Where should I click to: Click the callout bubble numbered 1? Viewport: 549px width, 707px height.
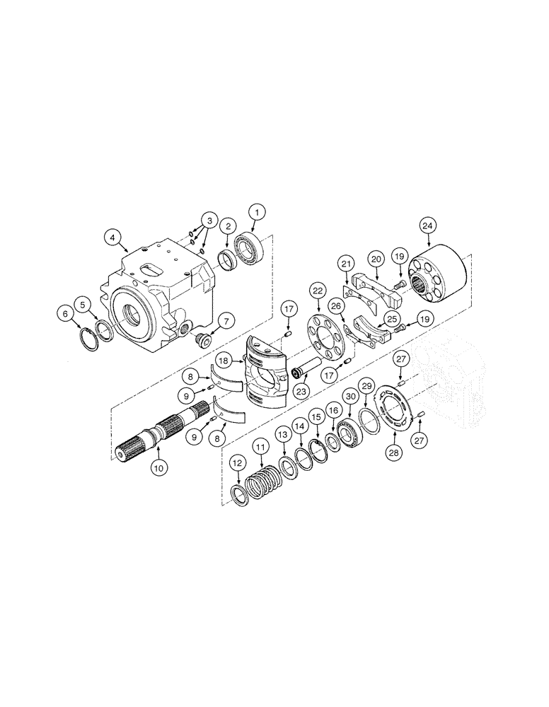coord(258,211)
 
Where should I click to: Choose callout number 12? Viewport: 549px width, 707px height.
coord(237,466)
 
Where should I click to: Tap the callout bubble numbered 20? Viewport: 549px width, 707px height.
coord(376,260)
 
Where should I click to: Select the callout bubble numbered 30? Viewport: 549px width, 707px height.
coord(349,397)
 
